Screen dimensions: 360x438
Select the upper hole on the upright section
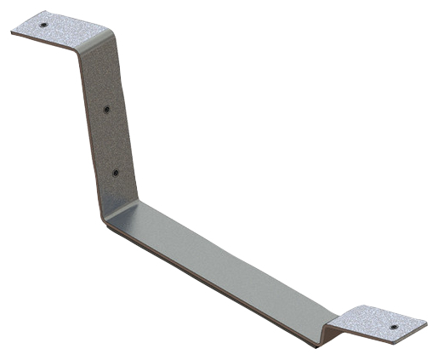point(105,110)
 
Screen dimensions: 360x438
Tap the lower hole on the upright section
point(116,173)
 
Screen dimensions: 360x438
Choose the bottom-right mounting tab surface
point(378,322)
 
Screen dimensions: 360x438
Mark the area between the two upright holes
point(111,141)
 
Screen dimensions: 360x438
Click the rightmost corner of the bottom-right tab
point(426,322)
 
